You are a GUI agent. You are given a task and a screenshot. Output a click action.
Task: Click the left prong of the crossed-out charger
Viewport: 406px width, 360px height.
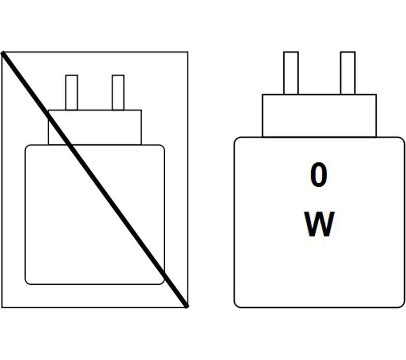pos(71,93)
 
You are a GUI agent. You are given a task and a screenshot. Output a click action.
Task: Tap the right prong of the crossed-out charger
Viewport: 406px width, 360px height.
pos(118,93)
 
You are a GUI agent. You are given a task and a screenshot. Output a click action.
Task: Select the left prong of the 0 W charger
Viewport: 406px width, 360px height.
pos(291,73)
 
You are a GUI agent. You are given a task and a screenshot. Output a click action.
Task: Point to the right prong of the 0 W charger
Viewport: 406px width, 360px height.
pos(348,73)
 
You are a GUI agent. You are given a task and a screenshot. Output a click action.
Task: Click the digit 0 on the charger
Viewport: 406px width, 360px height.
pos(318,175)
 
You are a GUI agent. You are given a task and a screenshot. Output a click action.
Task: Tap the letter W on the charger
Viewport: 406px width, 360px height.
pos(319,224)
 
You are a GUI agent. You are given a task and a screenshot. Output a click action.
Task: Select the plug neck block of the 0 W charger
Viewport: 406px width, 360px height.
pos(319,116)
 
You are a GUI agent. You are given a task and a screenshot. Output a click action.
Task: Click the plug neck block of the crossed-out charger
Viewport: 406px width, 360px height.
pos(95,127)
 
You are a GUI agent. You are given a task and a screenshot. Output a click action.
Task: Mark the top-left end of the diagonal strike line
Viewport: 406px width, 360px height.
pos(2,53)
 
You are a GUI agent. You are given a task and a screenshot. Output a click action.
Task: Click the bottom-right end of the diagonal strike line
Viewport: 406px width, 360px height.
pos(187,307)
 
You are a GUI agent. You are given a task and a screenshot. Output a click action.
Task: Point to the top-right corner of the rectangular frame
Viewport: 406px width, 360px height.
pos(188,52)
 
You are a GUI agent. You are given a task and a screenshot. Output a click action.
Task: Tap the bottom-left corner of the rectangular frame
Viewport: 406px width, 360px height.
pos(2,308)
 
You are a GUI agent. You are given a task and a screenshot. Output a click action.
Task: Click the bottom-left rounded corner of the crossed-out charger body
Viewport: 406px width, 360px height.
pos(27,283)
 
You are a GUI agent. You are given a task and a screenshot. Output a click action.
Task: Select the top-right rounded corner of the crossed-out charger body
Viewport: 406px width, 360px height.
pos(163,147)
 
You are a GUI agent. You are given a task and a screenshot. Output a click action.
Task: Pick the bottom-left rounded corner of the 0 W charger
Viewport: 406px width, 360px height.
pos(236,306)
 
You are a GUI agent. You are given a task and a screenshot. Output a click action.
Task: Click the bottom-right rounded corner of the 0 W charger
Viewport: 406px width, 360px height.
pos(402,306)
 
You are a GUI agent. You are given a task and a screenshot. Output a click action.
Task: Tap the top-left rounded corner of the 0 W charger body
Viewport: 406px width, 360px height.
pos(236,139)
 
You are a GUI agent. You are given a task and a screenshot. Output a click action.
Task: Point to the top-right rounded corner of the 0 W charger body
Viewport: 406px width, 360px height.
pos(402,139)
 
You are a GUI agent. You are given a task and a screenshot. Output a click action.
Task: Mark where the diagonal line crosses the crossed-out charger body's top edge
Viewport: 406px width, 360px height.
pos(70,145)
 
